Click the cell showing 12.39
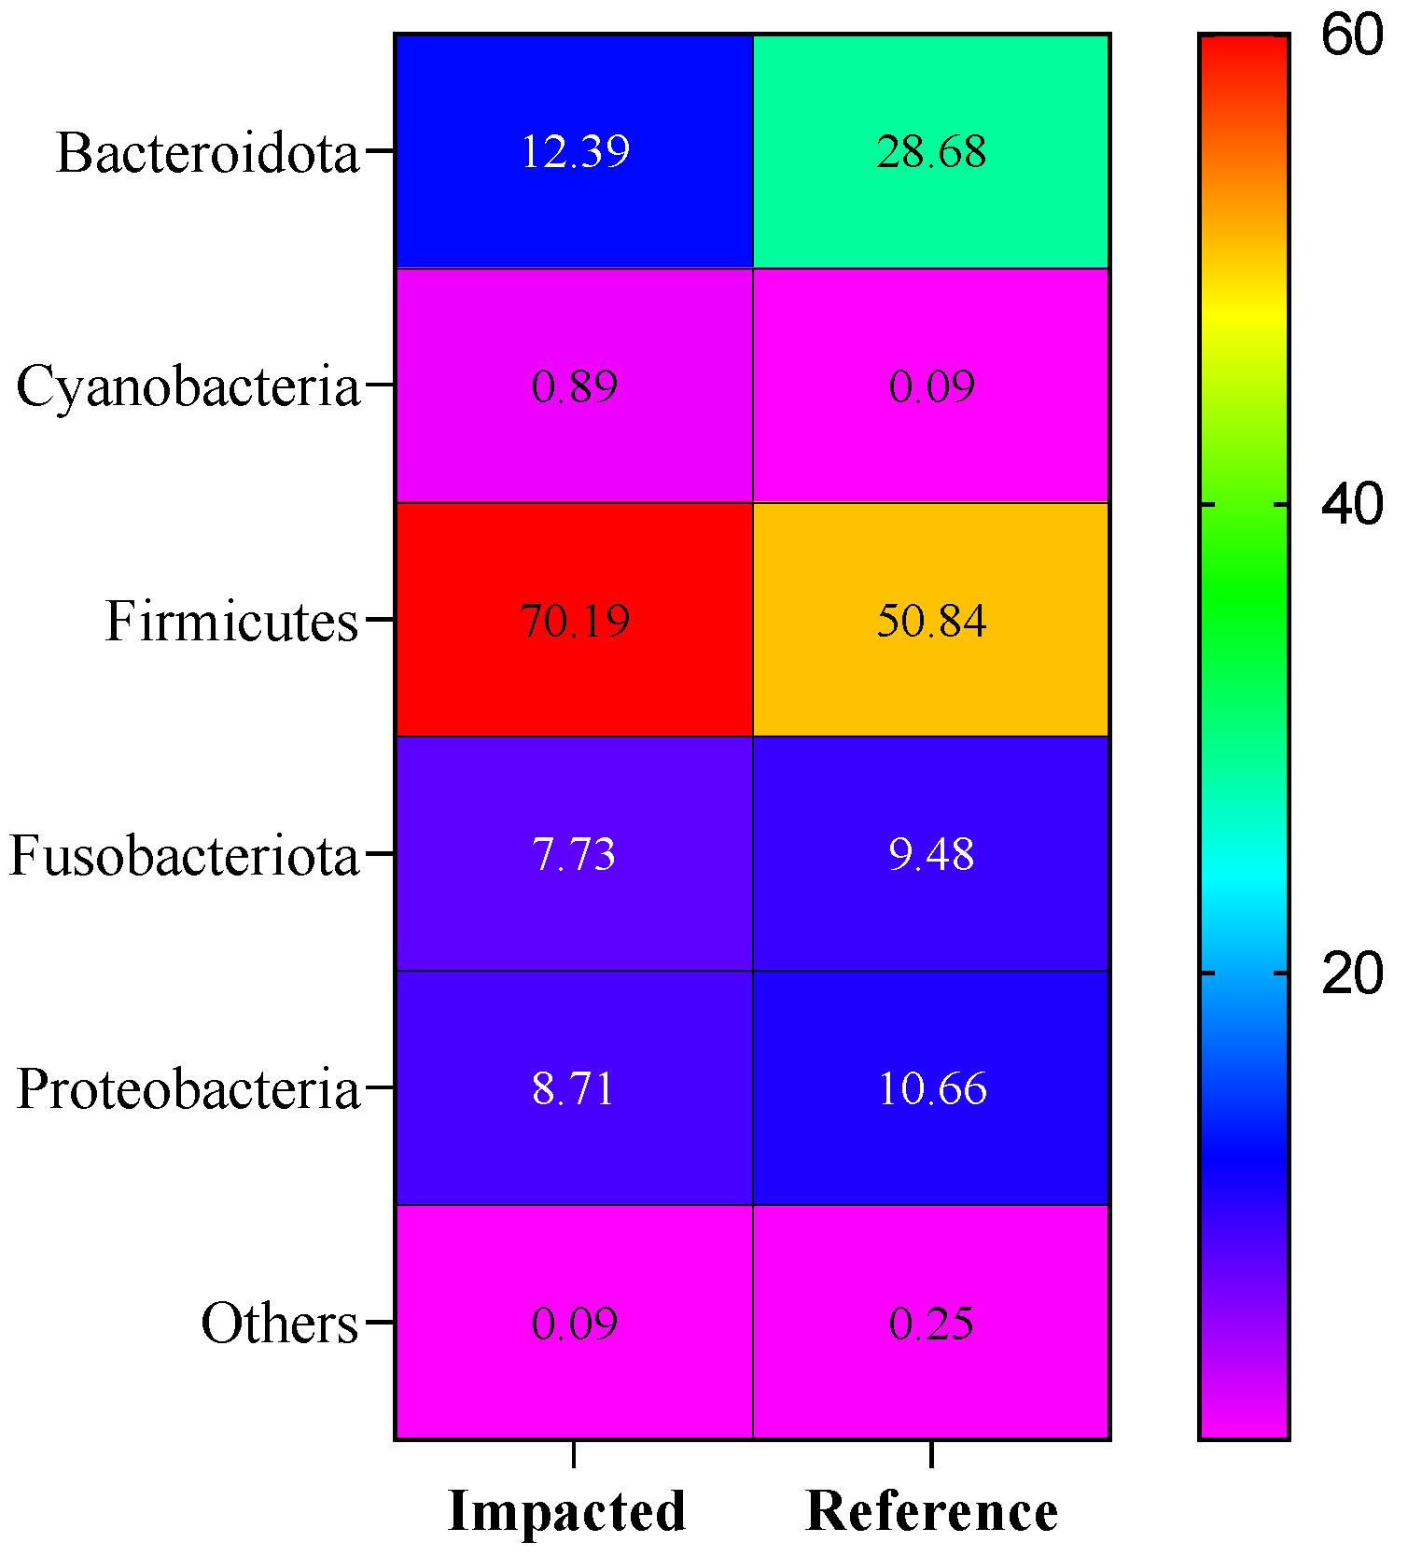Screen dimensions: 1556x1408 (574, 151)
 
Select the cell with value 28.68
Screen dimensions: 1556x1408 (931, 151)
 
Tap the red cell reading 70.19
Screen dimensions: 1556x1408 (574, 620)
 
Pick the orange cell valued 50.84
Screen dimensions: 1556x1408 (931, 620)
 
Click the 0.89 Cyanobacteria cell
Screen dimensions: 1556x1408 (574, 385)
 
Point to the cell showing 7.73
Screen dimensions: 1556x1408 (574, 854)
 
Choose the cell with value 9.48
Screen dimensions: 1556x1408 (931, 854)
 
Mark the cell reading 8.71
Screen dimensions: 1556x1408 (574, 1088)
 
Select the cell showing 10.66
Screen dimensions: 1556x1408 (931, 1088)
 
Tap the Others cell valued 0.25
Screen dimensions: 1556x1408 (931, 1323)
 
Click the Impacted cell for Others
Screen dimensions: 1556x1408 (574, 1323)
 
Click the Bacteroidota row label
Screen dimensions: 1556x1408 (207, 152)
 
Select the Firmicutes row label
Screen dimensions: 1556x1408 (231, 621)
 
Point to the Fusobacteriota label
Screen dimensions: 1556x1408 (184, 855)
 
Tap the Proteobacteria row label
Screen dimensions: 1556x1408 (188, 1089)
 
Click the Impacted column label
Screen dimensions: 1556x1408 (567, 1510)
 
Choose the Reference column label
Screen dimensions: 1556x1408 (931, 1510)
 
